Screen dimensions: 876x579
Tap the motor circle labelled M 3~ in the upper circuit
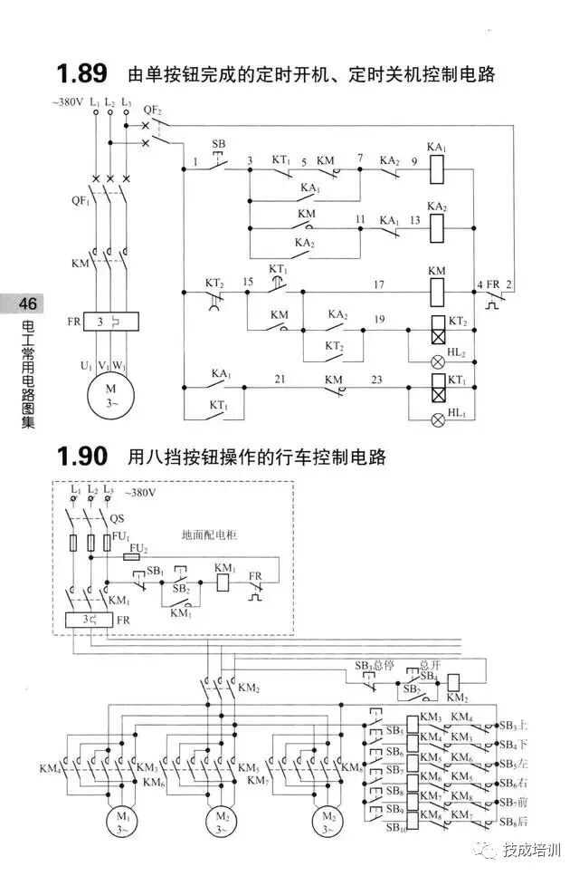click(x=109, y=396)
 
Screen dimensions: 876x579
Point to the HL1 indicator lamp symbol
click(x=437, y=419)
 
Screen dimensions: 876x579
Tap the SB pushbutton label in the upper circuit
click(x=218, y=145)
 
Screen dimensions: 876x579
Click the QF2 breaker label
click(x=153, y=111)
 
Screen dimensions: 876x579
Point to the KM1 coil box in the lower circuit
click(x=223, y=582)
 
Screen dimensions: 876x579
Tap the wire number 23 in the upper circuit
click(x=375, y=380)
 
